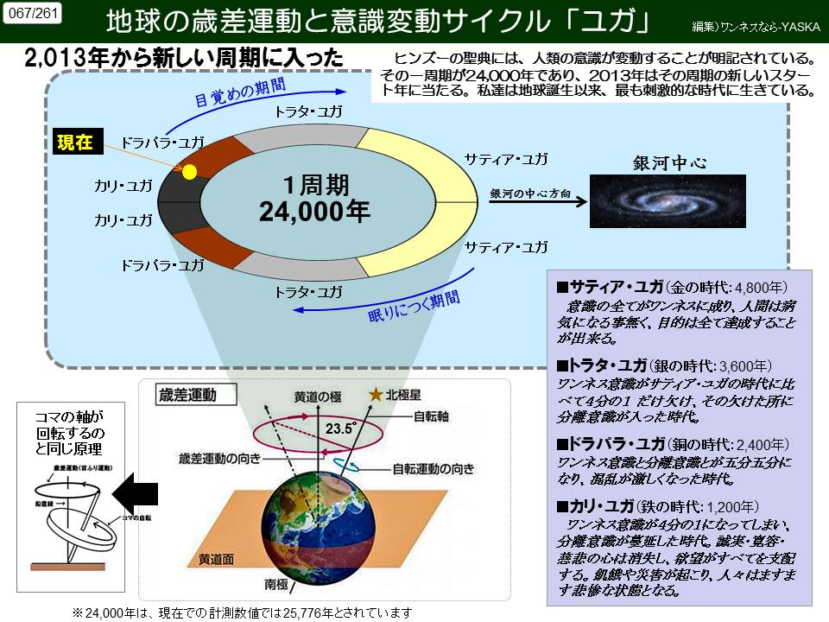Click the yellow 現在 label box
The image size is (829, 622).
(x=75, y=143)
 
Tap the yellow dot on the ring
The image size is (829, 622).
(x=189, y=171)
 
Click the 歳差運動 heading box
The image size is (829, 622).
(x=187, y=396)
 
